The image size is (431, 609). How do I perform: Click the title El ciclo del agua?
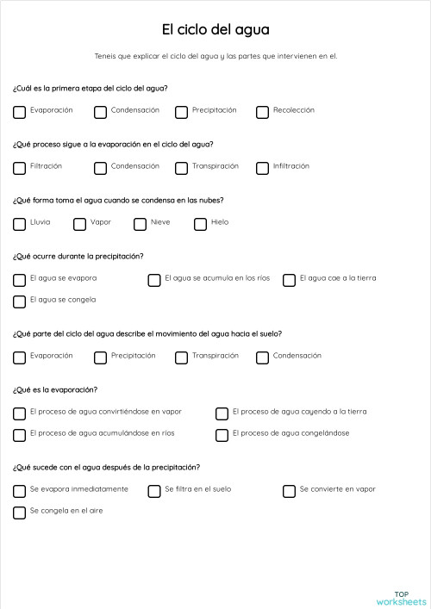pos(215,30)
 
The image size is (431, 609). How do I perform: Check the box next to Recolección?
pos(262,112)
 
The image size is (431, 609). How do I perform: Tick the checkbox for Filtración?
pos(19,168)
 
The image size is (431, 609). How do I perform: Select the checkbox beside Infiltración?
pos(262,168)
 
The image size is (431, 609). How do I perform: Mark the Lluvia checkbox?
pos(19,224)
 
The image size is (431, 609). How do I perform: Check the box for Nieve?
pos(140,224)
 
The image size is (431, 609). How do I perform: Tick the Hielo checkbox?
pos(200,224)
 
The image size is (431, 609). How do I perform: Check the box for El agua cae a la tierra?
pos(289,280)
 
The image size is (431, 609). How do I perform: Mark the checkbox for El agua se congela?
pos(19,301)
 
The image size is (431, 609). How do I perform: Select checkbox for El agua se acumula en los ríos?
pos(154,280)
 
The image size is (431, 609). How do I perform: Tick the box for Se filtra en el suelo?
pos(154,491)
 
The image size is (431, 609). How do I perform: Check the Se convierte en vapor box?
pos(289,491)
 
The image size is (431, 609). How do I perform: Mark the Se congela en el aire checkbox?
pos(19,513)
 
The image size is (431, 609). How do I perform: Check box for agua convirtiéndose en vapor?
pos(19,413)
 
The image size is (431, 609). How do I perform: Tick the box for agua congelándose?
pos(222,435)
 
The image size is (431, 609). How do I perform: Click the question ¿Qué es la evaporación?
pos(55,389)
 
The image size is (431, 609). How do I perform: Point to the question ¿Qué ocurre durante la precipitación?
pos(78,256)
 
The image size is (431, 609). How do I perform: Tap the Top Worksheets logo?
pos(401,597)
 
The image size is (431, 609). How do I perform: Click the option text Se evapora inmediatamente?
pos(79,489)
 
